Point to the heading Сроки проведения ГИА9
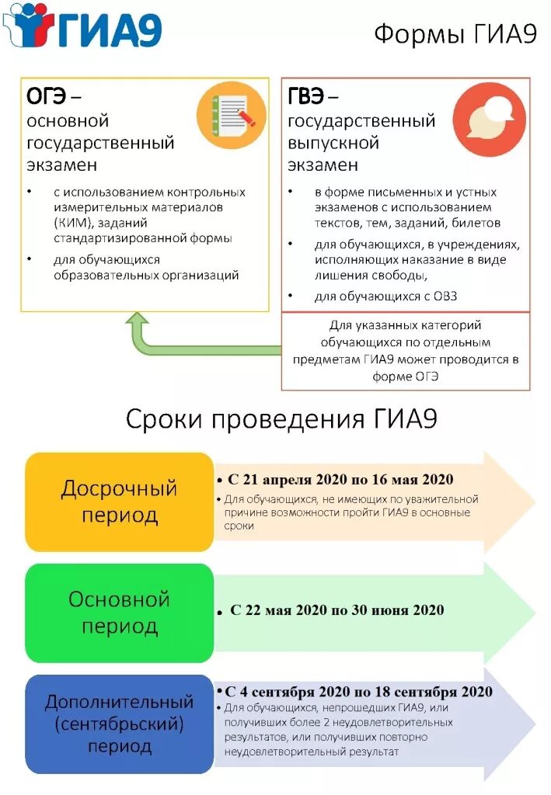point(281,420)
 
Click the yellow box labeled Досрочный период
point(119,502)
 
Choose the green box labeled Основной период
point(119,612)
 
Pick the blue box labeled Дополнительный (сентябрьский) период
point(119,724)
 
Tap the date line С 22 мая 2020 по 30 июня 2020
point(337,610)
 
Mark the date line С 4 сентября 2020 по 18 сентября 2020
point(358,691)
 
